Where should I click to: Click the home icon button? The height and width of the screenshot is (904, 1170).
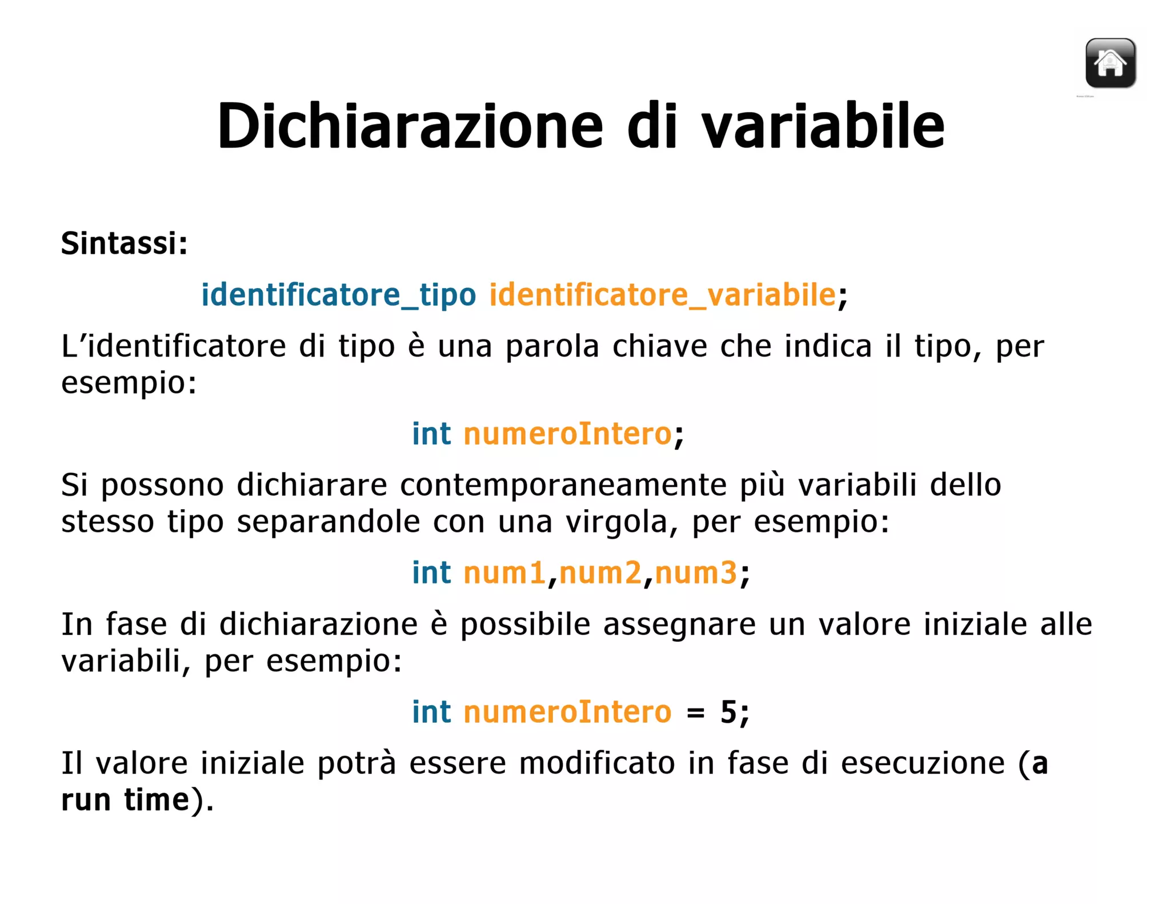click(x=1110, y=63)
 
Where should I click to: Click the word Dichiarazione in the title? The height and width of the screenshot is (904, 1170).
click(x=410, y=126)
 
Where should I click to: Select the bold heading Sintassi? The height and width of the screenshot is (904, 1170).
click(x=125, y=243)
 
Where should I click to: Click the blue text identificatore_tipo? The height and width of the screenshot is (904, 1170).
click(x=338, y=295)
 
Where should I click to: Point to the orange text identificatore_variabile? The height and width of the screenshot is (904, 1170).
click(x=662, y=295)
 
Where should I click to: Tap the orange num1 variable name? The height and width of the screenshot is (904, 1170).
click(x=504, y=573)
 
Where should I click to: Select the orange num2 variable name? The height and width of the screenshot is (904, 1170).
click(x=600, y=573)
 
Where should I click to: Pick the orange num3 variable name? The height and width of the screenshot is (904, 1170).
click(x=696, y=573)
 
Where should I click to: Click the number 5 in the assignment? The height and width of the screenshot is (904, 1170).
click(x=728, y=712)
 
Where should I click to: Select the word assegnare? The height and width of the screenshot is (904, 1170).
click(x=679, y=625)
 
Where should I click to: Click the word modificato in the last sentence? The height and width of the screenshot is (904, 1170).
click(x=596, y=763)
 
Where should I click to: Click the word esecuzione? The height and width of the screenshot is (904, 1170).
click(x=922, y=763)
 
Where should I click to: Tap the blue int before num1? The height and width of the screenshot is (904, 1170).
click(x=431, y=573)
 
